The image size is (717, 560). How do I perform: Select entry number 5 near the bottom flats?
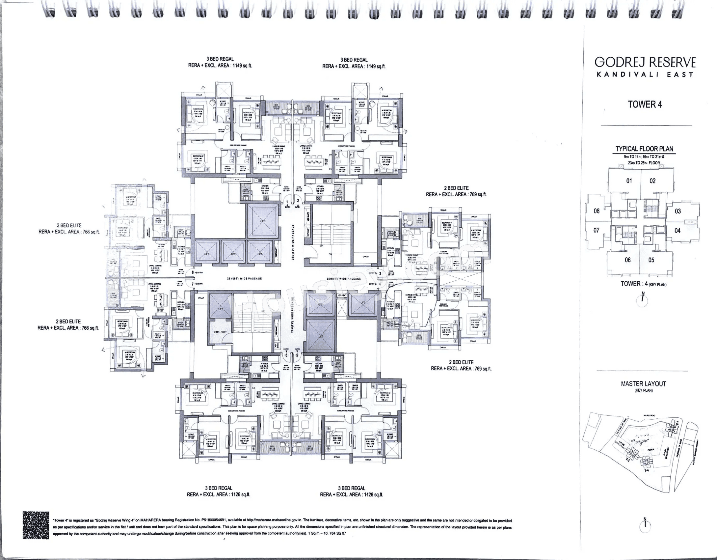point(297,355)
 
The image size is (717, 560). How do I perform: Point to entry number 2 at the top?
point(298,201)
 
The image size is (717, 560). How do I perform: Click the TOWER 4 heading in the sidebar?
point(645,104)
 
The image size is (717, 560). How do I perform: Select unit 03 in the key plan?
point(678,211)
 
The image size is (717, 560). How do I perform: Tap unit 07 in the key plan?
point(596,230)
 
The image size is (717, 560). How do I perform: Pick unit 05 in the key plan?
point(651,260)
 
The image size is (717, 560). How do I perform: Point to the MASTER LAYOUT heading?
point(643,384)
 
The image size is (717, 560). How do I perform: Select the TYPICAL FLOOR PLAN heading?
point(644,149)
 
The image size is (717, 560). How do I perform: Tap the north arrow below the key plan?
point(643,299)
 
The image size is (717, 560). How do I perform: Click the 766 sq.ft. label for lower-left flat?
point(68,328)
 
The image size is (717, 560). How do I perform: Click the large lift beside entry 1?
point(262,221)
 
